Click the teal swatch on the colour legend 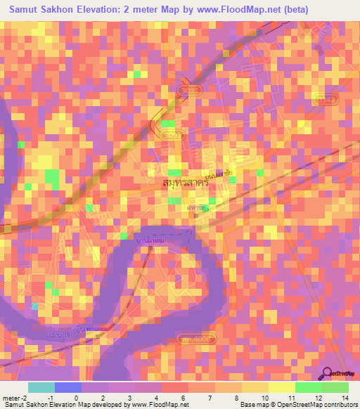(41, 387)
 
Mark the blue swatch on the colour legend (68, 387)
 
